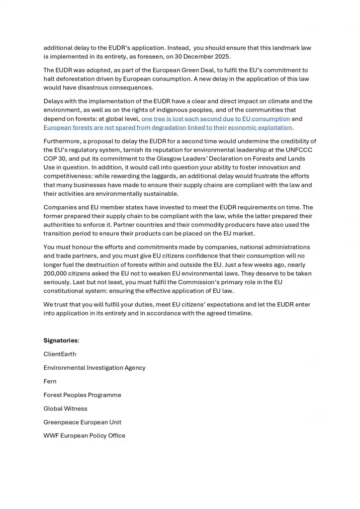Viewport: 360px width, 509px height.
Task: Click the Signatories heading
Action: point(61,340)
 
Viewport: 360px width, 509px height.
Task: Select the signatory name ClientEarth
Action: point(60,354)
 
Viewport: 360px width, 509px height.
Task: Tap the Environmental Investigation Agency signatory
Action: point(94,368)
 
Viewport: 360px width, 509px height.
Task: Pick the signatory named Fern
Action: point(50,381)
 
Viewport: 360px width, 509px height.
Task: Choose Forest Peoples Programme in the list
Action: point(82,395)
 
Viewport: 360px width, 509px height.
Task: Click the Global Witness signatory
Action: point(65,409)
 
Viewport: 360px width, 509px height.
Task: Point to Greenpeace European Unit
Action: point(82,422)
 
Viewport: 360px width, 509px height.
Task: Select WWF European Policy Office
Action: point(84,435)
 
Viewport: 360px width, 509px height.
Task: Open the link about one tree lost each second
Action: point(215,119)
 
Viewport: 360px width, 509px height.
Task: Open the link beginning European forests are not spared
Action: point(168,128)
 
